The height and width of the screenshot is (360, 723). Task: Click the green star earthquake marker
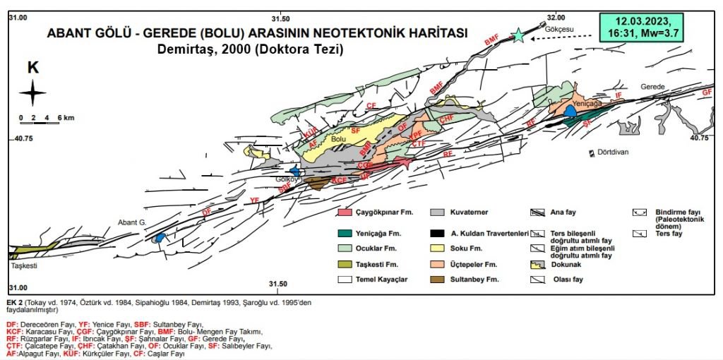(x=520, y=35)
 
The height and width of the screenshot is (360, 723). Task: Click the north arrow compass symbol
(x=32, y=93)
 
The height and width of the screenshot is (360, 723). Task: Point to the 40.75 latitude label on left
(x=24, y=139)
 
